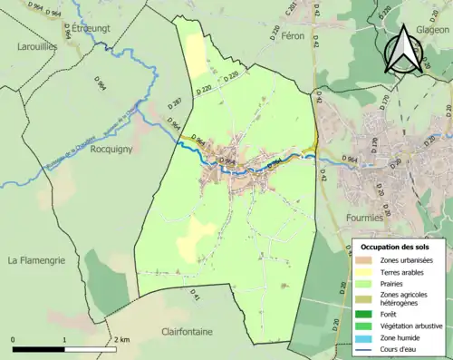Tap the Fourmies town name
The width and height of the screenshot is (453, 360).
[x=369, y=218]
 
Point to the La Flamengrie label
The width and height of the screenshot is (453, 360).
[x=42, y=260]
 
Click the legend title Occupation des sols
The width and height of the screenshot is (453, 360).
[x=395, y=247]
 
